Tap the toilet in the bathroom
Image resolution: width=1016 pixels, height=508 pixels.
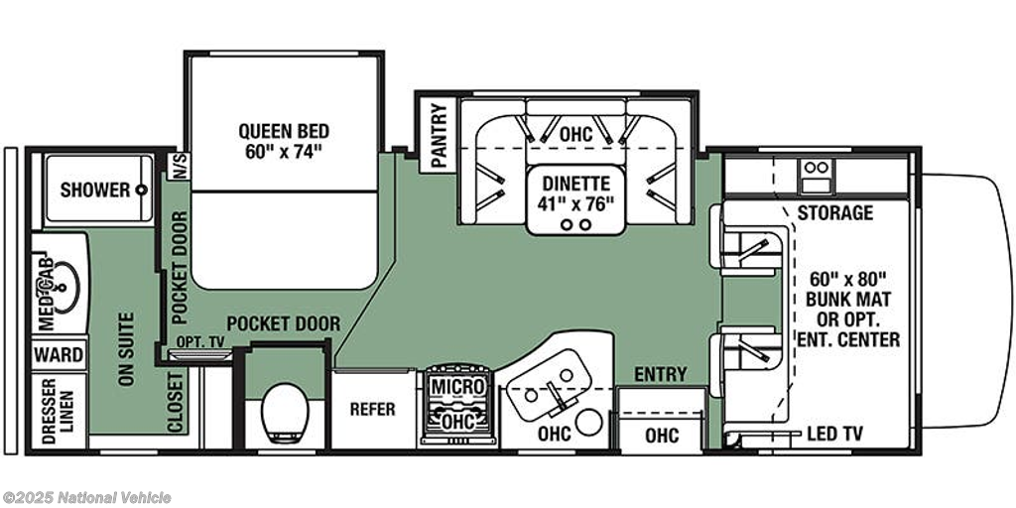(x=285, y=413)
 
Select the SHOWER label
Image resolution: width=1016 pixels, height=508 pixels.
(x=95, y=190)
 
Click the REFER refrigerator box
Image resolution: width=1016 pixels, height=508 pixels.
(x=373, y=410)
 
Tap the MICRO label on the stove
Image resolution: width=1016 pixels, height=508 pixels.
(x=458, y=387)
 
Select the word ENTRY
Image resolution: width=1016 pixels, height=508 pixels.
(x=660, y=374)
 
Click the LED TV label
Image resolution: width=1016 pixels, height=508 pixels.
(x=834, y=435)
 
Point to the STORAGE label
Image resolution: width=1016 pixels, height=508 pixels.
(x=834, y=212)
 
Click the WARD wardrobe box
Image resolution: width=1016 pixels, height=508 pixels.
(x=59, y=355)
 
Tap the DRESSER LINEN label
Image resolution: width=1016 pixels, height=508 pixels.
(x=59, y=412)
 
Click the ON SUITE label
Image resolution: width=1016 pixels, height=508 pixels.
(x=126, y=348)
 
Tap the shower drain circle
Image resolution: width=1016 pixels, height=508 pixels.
(x=141, y=190)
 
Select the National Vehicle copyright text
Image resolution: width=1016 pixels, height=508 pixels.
(x=86, y=498)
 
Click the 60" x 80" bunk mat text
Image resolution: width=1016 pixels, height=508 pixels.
(x=848, y=280)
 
